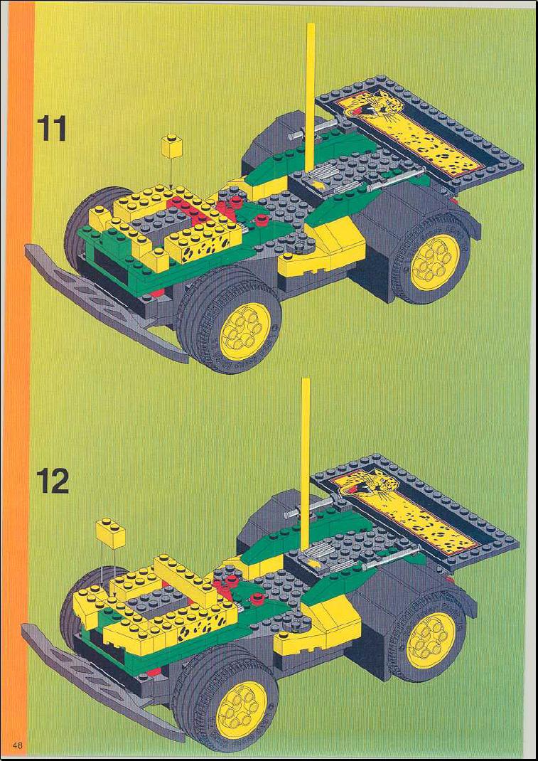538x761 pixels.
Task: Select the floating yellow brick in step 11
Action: (172, 146)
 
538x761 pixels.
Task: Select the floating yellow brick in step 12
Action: (111, 533)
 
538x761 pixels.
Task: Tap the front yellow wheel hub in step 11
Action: (245, 331)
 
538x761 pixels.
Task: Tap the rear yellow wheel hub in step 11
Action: (435, 262)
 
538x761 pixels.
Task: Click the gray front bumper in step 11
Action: (104, 302)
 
